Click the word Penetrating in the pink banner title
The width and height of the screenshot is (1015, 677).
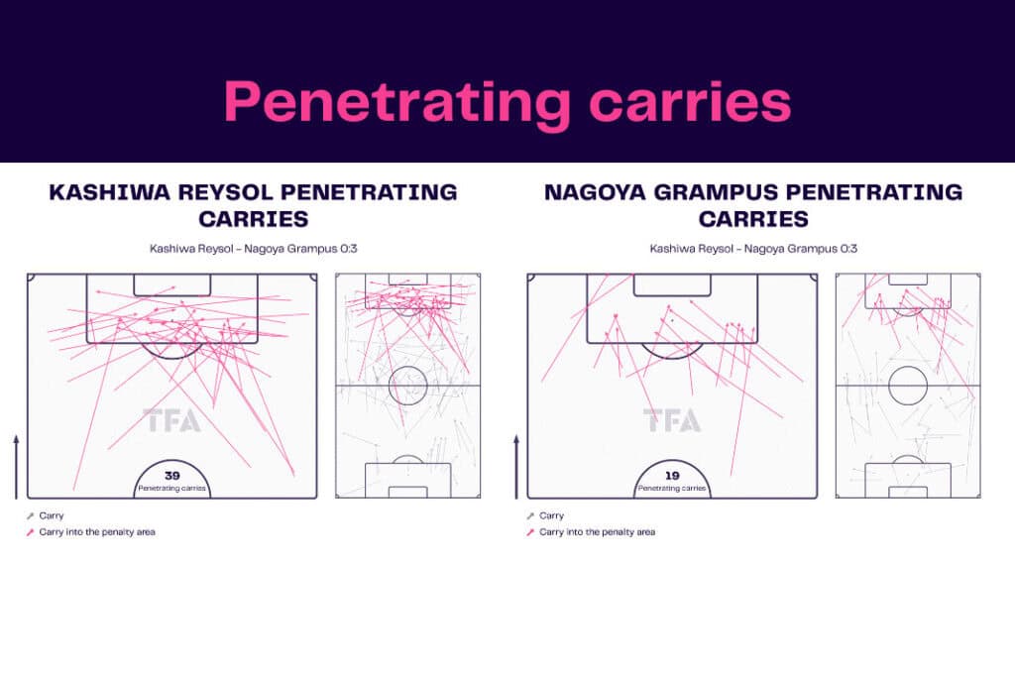point(396,103)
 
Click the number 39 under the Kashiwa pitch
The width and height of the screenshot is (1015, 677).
point(171,476)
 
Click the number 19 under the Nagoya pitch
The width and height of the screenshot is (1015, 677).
point(672,476)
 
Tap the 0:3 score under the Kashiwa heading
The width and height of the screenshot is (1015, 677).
point(348,249)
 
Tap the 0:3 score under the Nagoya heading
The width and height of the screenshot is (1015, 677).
point(848,249)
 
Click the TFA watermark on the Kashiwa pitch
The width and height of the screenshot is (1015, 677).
point(171,420)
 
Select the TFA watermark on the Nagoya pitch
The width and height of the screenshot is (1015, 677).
point(672,420)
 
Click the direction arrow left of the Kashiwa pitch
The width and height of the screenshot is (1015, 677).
point(16,467)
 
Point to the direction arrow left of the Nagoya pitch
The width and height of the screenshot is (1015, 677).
point(516,467)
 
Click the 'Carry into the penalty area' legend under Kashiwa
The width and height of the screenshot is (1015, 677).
point(90,532)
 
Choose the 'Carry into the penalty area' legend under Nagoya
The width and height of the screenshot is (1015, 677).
point(591,532)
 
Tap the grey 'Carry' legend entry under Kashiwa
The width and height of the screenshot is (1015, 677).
point(46,515)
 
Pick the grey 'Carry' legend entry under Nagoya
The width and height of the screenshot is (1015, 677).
point(546,515)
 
